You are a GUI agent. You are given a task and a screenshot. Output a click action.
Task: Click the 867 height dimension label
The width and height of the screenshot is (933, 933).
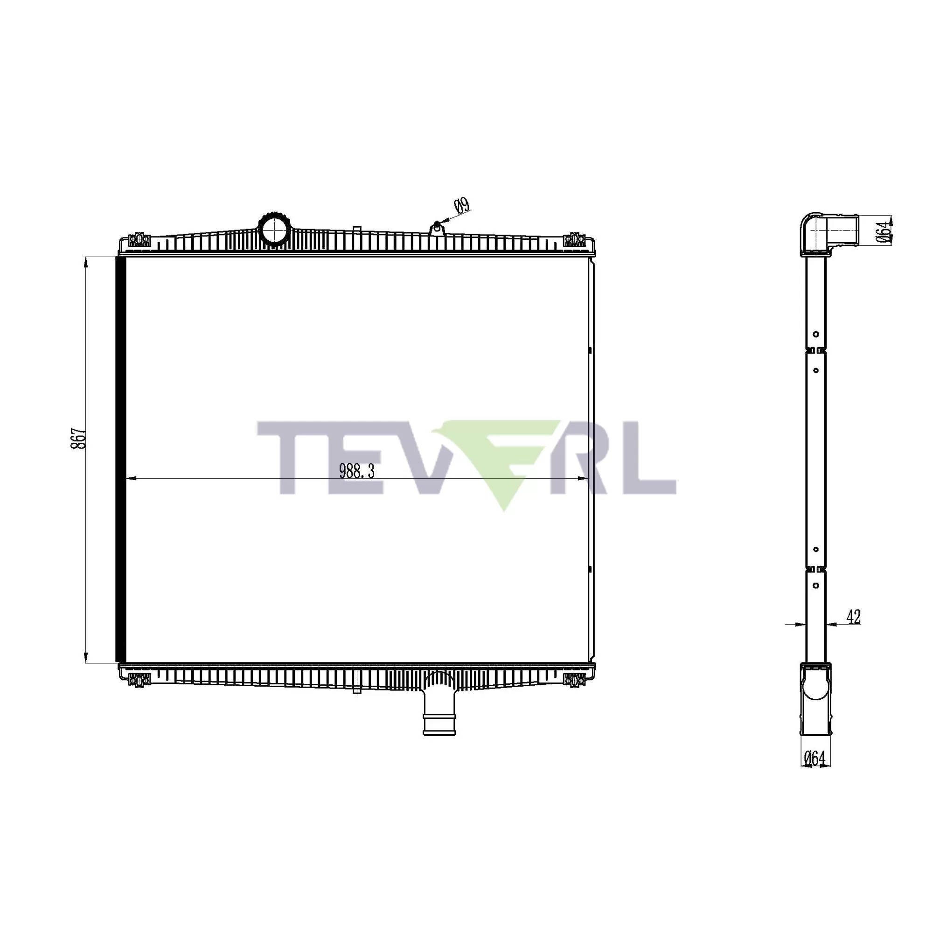[79, 438]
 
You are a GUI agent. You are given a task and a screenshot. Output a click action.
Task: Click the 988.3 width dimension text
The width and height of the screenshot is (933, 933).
[357, 471]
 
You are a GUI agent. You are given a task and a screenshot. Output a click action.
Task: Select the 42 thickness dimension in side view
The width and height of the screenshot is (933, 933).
[853, 617]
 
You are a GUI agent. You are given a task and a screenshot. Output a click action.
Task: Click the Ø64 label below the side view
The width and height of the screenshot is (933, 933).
[815, 759]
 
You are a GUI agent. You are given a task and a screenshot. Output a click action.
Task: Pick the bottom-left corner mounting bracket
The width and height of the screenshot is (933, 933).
[138, 680]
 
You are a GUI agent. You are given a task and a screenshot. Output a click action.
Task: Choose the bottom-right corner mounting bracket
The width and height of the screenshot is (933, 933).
[574, 680]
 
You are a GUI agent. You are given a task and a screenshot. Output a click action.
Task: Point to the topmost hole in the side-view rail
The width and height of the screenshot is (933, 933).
[816, 334]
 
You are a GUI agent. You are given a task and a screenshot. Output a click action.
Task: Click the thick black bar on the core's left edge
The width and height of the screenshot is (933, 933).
[121, 459]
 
